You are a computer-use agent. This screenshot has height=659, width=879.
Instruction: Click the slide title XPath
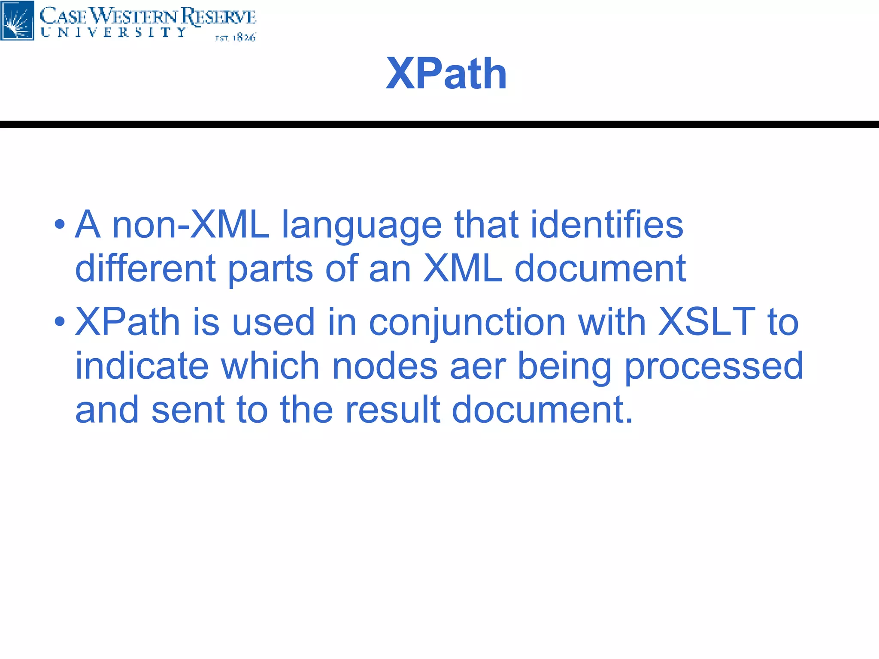click(446, 74)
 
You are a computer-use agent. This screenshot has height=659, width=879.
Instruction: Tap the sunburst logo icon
click(17, 21)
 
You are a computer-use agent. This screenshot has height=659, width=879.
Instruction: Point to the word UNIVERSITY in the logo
click(114, 33)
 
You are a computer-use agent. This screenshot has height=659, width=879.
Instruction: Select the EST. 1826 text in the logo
click(235, 38)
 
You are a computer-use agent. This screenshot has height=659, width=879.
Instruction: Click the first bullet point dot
click(60, 224)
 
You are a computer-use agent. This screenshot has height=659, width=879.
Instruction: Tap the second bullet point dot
click(60, 321)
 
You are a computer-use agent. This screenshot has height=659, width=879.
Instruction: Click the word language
click(361, 225)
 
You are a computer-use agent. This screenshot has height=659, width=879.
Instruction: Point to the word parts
click(270, 269)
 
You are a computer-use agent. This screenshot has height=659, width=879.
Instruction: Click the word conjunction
click(467, 323)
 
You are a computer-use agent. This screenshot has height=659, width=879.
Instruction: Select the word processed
click(713, 367)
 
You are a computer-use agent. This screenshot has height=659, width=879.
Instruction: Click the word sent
click(188, 410)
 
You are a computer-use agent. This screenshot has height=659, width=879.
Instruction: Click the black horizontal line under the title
click(439, 124)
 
